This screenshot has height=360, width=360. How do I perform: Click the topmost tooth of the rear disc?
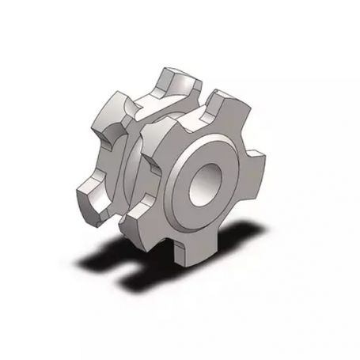pyautogui.click(x=178, y=79)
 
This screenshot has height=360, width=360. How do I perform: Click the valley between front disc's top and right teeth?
pyautogui.click(x=245, y=142)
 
